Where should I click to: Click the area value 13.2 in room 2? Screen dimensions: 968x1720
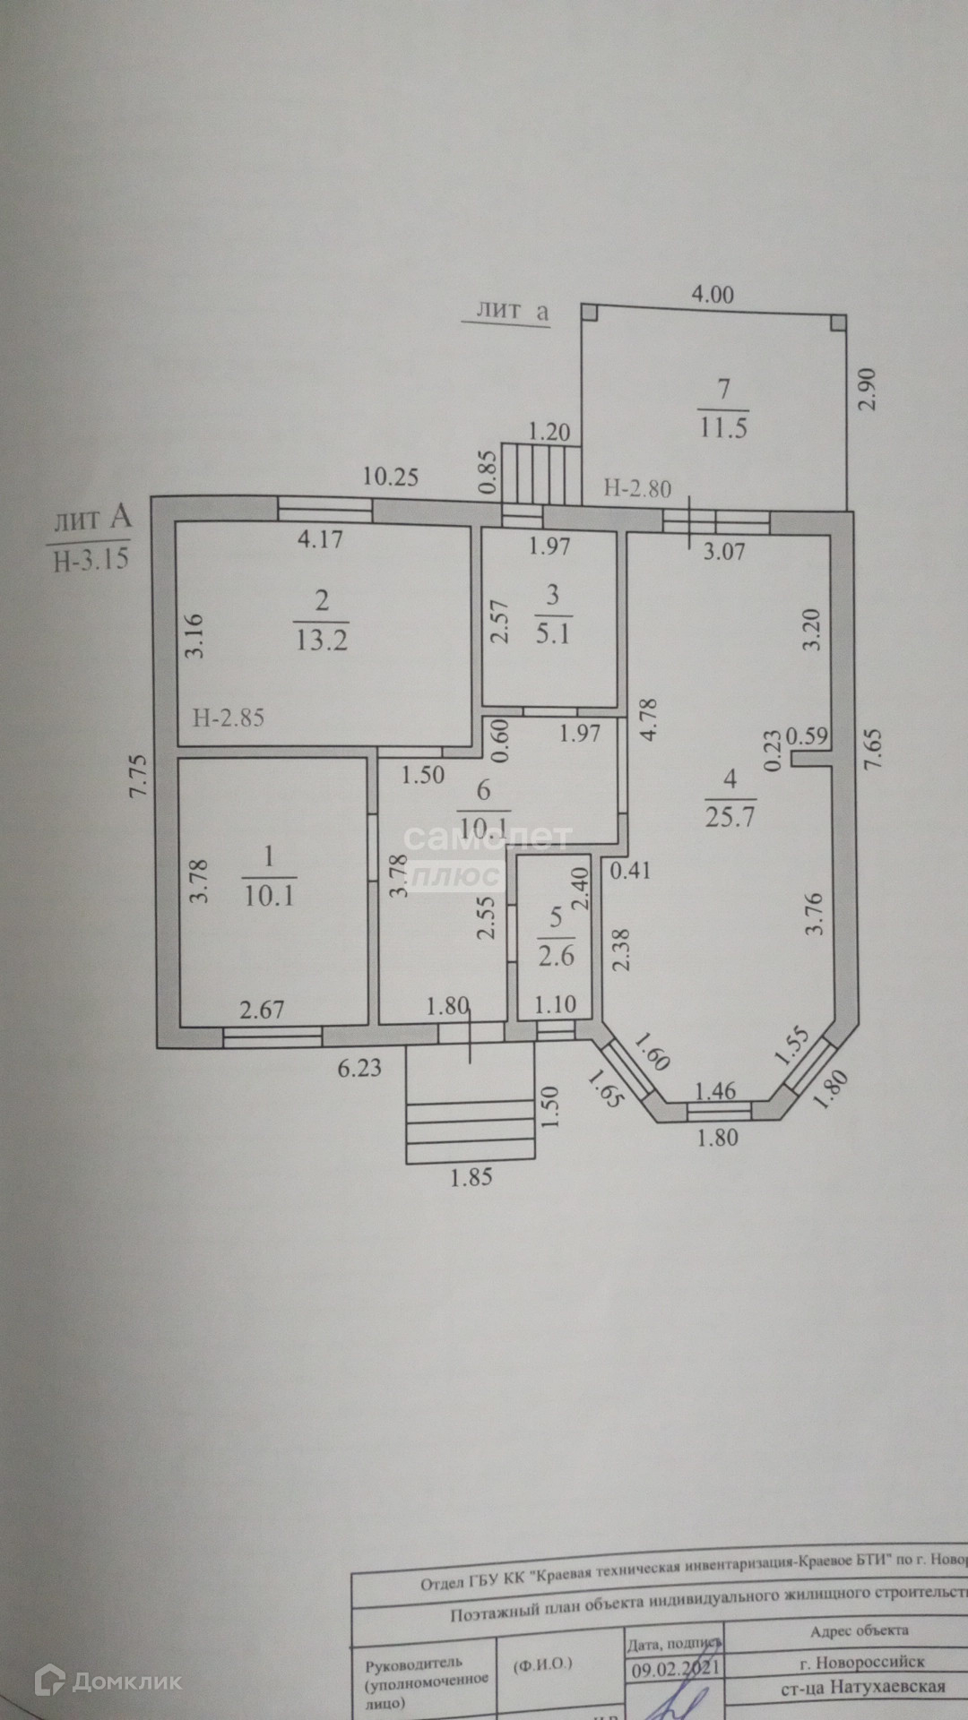click(x=321, y=640)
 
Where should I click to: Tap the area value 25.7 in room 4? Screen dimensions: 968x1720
click(x=731, y=817)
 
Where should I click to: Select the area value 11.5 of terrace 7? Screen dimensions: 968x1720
click(x=724, y=426)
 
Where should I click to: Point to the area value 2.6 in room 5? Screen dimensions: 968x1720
click(x=556, y=956)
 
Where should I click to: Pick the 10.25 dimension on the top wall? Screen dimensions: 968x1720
click(x=390, y=477)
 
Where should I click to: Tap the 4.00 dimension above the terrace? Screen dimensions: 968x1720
click(x=713, y=294)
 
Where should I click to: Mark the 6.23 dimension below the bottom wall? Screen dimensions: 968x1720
click(x=359, y=1068)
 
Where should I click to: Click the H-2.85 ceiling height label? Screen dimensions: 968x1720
click(x=229, y=717)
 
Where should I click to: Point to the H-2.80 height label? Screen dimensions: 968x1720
click(x=637, y=488)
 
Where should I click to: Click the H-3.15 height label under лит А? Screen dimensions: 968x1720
click(x=91, y=560)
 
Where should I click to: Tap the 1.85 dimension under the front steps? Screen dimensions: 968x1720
click(x=471, y=1177)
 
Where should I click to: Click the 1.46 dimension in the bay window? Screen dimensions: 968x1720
click(x=716, y=1091)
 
